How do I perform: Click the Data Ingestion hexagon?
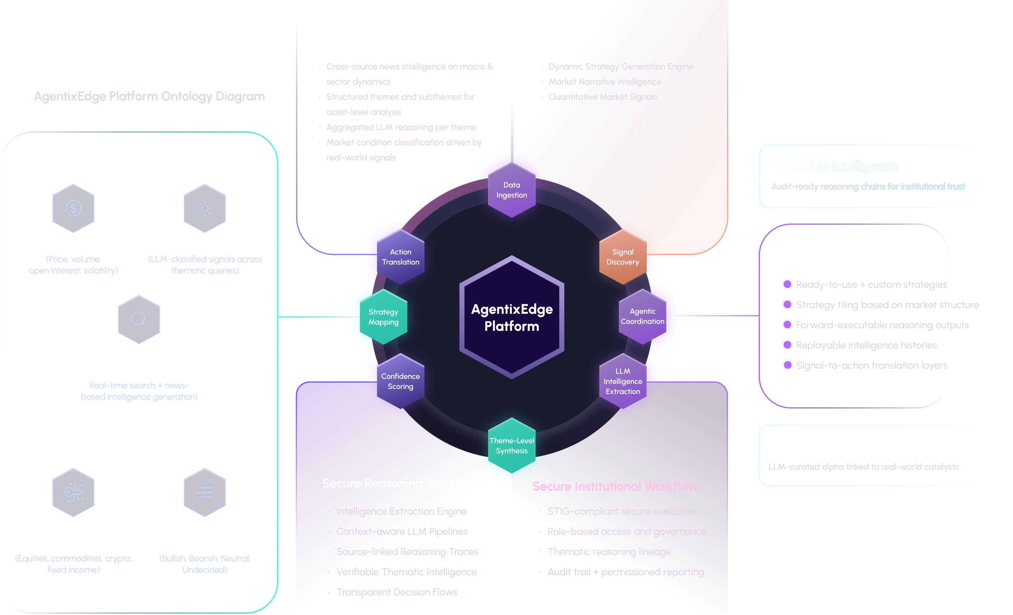(512, 190)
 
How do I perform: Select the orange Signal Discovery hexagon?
(622, 257)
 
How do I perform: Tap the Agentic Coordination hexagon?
(642, 316)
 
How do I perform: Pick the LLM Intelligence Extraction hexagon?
(622, 381)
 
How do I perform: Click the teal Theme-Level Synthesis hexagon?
(512, 445)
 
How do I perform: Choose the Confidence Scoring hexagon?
(400, 381)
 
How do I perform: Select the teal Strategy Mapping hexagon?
(383, 317)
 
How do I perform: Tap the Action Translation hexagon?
(400, 257)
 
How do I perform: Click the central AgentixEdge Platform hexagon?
(512, 317)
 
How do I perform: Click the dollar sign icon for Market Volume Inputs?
(74, 208)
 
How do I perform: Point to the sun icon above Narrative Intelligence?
(205, 208)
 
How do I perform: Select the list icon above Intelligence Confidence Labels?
(205, 492)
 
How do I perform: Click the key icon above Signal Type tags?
(74, 492)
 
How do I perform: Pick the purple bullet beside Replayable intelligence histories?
(787, 345)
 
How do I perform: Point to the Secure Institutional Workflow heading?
(615, 487)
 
